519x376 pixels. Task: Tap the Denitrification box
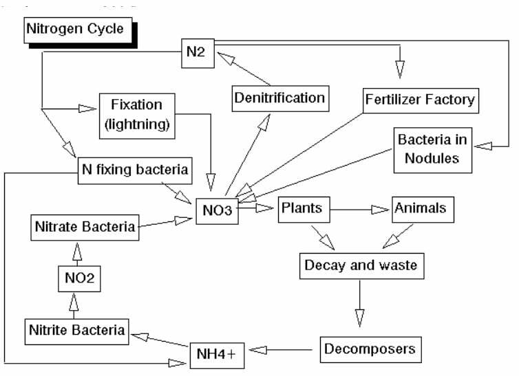[x=279, y=98]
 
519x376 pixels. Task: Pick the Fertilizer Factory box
[x=420, y=100]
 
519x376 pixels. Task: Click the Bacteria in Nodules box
[x=432, y=150]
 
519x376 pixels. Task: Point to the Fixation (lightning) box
[x=136, y=113]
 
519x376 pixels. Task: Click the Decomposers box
[x=370, y=349]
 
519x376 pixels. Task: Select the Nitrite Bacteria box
[x=77, y=331]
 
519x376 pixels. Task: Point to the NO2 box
[x=75, y=279]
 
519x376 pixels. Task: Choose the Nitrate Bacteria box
[x=85, y=227]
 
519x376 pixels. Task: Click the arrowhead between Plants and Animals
[x=381, y=209]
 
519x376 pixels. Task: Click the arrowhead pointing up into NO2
[x=75, y=302]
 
